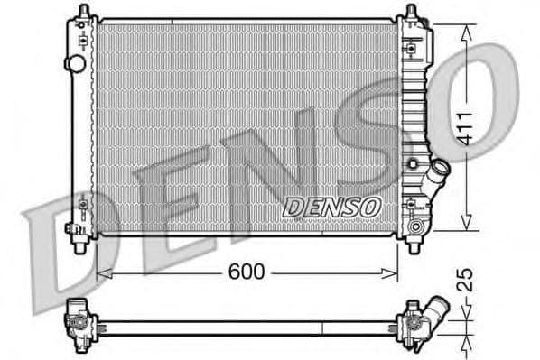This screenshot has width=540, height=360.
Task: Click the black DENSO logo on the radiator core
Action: click(331, 207)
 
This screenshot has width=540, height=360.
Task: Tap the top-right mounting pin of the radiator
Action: click(412, 12)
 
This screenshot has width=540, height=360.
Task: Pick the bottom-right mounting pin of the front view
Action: click(414, 244)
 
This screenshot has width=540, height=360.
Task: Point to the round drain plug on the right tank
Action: click(416, 223)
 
